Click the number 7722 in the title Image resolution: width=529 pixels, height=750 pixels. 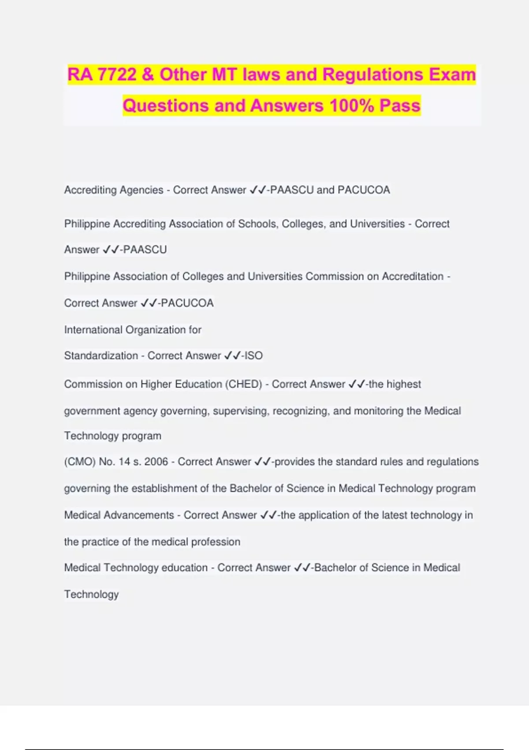coord(117,75)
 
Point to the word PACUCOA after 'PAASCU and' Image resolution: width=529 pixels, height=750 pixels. coord(364,190)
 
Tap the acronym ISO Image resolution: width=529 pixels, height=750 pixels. coord(253,356)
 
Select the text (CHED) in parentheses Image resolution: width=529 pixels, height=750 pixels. coord(244,384)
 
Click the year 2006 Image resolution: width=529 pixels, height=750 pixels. coord(156,462)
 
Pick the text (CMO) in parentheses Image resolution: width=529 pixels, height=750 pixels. coord(80,462)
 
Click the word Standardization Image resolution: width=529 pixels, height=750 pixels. coord(101,356)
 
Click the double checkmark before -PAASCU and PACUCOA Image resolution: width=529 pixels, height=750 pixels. coord(257,190)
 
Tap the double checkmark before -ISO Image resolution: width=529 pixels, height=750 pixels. coord(232,356)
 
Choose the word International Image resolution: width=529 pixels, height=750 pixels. coord(93,330)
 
